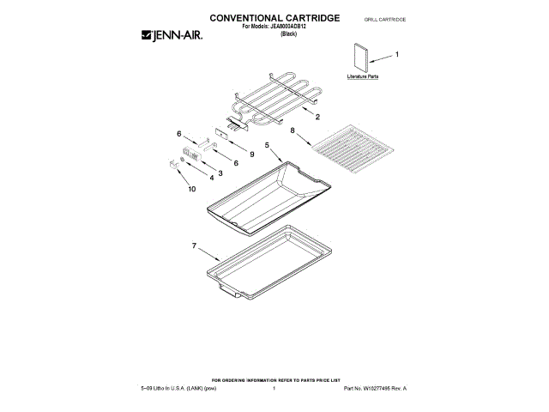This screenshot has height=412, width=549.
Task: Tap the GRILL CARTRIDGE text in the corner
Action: tap(384, 18)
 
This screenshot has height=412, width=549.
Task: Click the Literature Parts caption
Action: tap(362, 77)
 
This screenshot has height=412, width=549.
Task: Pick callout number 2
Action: tap(318, 116)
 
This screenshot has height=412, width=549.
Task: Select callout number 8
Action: tap(293, 131)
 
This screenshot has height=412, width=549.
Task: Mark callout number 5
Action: tap(267, 147)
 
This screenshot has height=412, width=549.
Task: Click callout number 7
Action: tap(194, 246)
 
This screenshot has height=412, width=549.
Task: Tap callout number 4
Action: tap(211, 179)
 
